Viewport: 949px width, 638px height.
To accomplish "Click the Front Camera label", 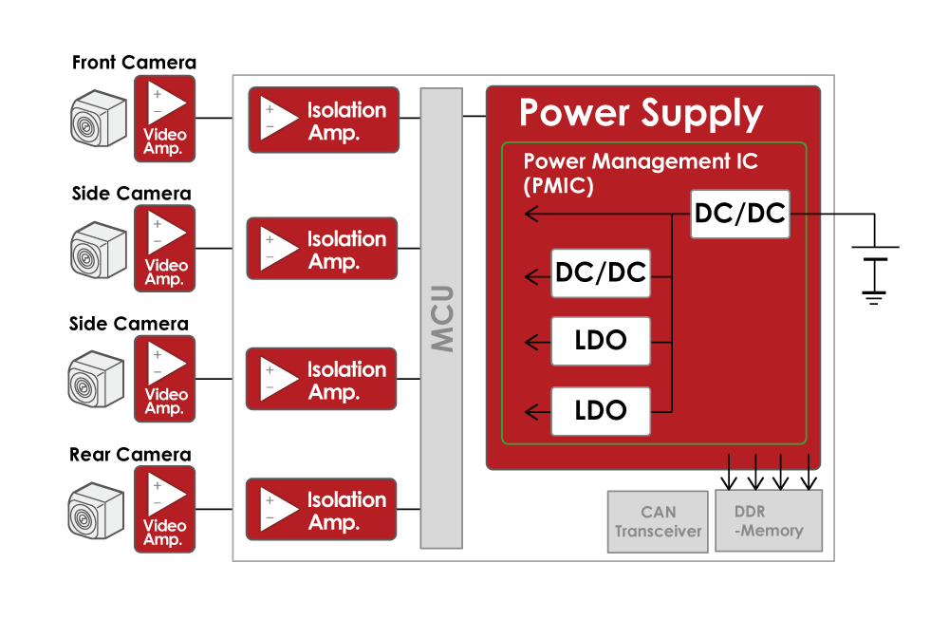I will click(x=134, y=64).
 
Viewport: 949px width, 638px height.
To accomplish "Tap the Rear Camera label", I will click(x=130, y=455).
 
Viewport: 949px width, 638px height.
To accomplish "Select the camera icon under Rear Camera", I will click(x=98, y=511).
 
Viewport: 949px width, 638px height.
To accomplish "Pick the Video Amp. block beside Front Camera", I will click(x=165, y=119).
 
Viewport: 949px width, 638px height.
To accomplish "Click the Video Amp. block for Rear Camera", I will click(x=164, y=510).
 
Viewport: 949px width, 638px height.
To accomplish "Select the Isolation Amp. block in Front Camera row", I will click(x=323, y=120).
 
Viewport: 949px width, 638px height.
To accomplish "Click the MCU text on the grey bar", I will click(x=441, y=317).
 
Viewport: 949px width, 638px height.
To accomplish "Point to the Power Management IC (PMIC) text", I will click(x=641, y=173).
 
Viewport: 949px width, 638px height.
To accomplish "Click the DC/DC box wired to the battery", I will click(x=740, y=214).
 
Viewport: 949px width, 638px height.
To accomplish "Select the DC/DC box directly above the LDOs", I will click(x=601, y=273).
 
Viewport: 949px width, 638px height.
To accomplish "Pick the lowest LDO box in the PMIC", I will click(x=601, y=411).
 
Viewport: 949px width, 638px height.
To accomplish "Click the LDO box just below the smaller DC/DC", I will click(x=601, y=341).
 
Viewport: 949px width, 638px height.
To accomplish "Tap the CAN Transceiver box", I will click(x=658, y=521).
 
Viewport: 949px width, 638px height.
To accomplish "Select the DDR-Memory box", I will click(x=769, y=520).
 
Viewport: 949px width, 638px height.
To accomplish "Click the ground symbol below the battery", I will click(x=874, y=296).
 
